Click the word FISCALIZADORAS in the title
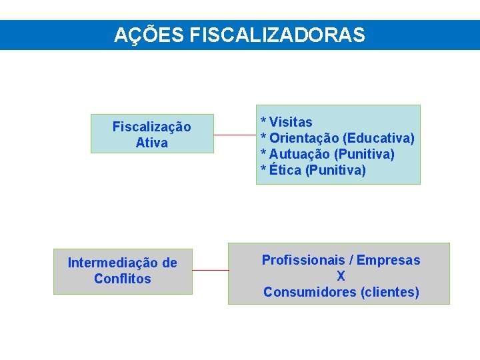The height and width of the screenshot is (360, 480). coord(277,35)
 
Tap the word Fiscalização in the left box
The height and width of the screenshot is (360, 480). coord(151,127)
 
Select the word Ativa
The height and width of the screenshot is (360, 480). coord(151,143)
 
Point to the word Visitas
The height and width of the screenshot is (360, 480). coord(291,122)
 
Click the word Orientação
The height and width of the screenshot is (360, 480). coord(303,138)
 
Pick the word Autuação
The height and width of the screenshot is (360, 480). coord(299,154)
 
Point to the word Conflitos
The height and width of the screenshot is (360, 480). coord(123,279)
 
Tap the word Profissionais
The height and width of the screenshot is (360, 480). coord(303,260)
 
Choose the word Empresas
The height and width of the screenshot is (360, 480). coord(389,260)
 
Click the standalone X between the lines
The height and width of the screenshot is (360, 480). coord(341,276)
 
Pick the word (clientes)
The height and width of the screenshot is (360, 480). coord(389,292)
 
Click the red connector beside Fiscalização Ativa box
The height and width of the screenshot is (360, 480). coord(235,135)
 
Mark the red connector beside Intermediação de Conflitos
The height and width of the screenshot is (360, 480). coord(210,270)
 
